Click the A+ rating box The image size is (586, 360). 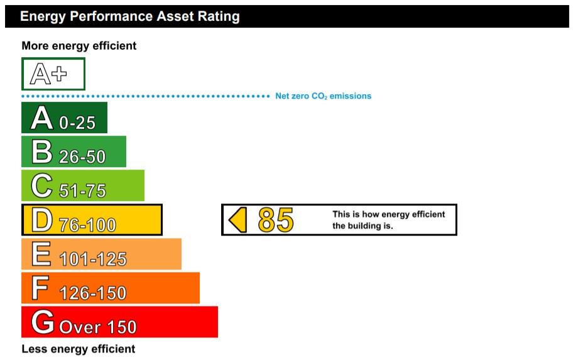click(53, 74)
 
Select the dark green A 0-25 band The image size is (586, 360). click(64, 117)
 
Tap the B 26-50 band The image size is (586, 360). click(73, 151)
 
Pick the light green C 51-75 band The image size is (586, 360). click(83, 185)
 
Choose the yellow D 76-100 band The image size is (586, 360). click(92, 220)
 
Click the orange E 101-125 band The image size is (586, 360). click(101, 254)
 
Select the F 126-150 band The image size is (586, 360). click(111, 288)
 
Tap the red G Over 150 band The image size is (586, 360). click(119, 322)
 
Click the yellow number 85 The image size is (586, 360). click(276, 220)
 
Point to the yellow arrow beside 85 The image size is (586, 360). click(237, 220)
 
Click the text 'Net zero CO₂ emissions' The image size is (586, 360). click(323, 96)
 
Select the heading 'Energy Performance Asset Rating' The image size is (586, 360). click(129, 16)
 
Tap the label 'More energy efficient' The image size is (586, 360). click(79, 46)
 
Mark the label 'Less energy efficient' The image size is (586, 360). click(78, 349)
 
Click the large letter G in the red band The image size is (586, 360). click(43, 322)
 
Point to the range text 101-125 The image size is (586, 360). click(93, 259)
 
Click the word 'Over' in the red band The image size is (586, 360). click(80, 327)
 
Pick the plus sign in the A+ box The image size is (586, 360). click(59, 74)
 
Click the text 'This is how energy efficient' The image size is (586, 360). click(389, 215)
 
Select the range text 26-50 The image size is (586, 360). click(82, 156)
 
